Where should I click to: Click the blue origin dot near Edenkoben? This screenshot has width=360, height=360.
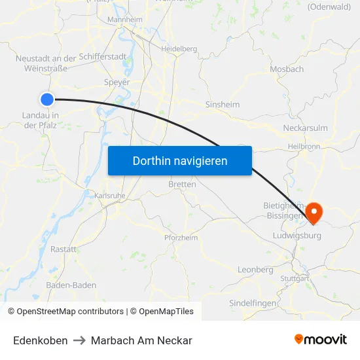tap(47, 99)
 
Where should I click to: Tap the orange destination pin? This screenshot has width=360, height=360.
tap(313, 211)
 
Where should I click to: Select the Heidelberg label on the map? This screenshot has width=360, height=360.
tap(179, 48)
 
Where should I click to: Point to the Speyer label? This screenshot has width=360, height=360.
tap(117, 82)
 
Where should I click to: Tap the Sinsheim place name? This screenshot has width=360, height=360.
tap(223, 104)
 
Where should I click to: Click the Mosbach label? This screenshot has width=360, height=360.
tap(287, 69)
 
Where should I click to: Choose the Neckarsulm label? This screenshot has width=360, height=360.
tap(305, 128)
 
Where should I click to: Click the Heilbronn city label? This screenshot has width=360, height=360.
tap(304, 147)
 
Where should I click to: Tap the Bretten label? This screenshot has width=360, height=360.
tap(182, 185)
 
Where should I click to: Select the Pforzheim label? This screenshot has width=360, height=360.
tap(181, 238)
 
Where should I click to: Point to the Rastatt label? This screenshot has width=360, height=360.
tap(63, 249)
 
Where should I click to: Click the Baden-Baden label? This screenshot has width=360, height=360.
tap(71, 285)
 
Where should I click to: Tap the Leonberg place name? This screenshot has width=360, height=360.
tap(255, 270)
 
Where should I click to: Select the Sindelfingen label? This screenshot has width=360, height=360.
tap(252, 303)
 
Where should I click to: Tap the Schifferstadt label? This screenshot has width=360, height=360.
tap(103, 57)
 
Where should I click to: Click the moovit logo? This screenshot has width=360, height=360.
tap(321, 340)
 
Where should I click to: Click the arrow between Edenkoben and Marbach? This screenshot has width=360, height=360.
tap(79, 340)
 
